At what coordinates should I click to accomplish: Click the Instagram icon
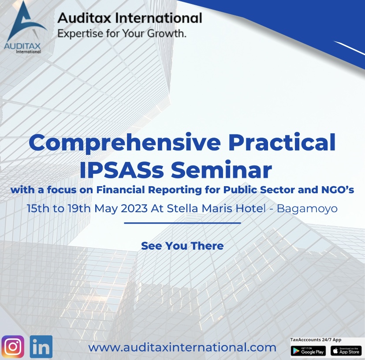click(13, 346)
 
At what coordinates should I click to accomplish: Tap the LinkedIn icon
click(41, 346)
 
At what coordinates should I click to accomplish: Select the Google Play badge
click(308, 351)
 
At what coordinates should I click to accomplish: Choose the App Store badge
click(346, 351)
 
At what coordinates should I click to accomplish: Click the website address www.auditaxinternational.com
click(182, 348)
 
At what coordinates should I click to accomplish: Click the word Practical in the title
click(282, 142)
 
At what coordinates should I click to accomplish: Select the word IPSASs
click(122, 170)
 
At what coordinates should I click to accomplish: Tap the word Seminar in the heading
click(221, 169)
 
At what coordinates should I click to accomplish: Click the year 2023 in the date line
click(134, 208)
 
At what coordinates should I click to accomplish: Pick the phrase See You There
click(182, 246)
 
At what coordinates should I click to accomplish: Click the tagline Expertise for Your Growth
click(122, 34)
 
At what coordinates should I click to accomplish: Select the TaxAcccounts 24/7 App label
click(316, 340)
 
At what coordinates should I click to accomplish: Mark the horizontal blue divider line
click(182, 223)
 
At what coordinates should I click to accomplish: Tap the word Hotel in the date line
click(250, 208)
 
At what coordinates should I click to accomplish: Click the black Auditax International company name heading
click(130, 18)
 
